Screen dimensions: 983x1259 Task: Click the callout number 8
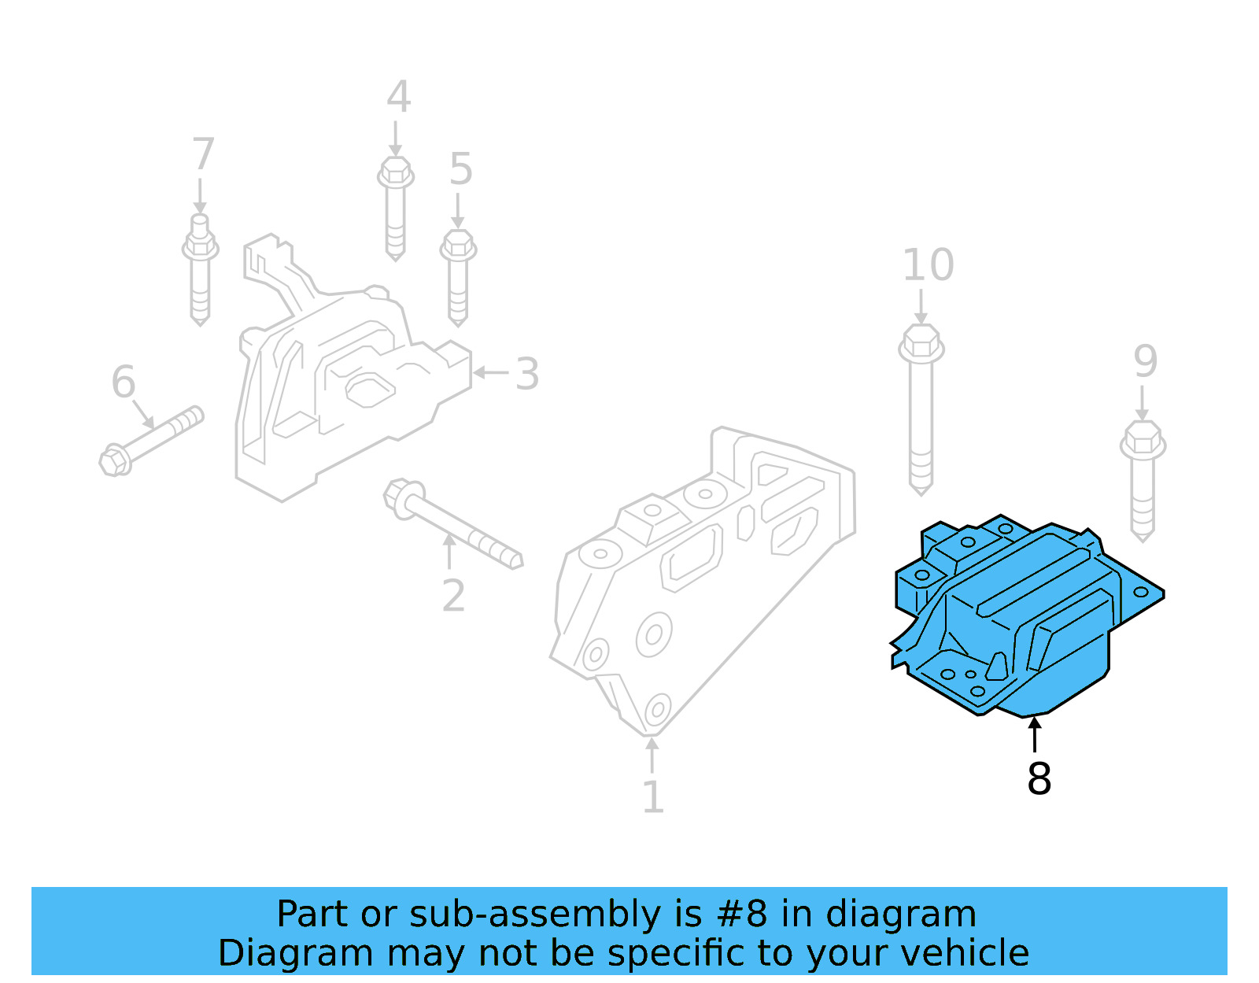coord(1039,778)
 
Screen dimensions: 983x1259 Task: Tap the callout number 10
coord(928,265)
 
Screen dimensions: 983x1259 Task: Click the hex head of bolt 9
coord(1143,439)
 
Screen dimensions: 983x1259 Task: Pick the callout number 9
coord(1146,361)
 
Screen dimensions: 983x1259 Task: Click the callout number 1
coord(653,797)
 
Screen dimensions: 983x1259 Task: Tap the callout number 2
coord(453,596)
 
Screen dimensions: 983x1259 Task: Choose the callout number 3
coord(527,374)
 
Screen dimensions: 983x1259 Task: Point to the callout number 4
coord(398,98)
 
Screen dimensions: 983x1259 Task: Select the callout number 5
coord(460,169)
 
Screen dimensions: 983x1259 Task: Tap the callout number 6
coord(124,382)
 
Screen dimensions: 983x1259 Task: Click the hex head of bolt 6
coord(115,460)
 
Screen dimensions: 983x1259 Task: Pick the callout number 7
coord(203,154)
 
